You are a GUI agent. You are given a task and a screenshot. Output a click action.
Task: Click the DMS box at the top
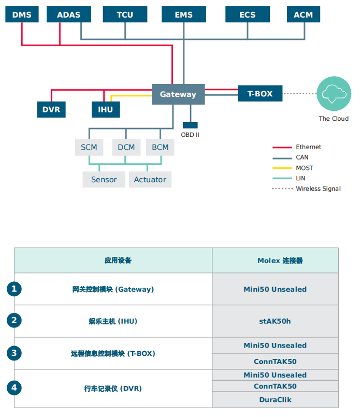tap(22, 15)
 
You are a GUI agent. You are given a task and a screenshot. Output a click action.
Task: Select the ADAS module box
tap(69, 15)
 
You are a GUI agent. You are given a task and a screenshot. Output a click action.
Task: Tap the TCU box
tap(125, 15)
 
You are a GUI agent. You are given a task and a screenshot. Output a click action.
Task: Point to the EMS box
tap(183, 15)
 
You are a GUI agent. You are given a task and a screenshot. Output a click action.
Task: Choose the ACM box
tap(303, 15)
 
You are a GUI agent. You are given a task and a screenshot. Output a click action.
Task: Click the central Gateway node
tap(178, 94)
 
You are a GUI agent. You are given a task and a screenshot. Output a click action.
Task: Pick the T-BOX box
tap(260, 94)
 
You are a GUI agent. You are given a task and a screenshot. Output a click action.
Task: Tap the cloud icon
tap(333, 94)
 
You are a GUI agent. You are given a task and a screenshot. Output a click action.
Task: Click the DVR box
tap(51, 110)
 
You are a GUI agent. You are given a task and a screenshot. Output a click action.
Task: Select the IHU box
tap(106, 110)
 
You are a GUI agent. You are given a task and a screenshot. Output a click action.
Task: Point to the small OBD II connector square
tap(190, 125)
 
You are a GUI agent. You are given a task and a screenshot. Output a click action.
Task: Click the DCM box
tap(126, 147)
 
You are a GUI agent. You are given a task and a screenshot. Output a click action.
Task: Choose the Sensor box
tap(104, 180)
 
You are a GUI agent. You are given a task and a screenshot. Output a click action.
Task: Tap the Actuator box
tap(150, 180)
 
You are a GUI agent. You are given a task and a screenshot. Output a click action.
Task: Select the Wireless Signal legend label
tap(318, 189)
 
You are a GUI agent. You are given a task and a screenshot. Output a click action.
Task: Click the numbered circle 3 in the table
tap(14, 353)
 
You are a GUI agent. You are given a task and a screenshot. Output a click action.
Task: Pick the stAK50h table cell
tap(275, 321)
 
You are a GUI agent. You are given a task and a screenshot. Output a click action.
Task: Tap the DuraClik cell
tap(275, 399)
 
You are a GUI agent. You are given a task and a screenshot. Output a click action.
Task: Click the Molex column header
tap(275, 261)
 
